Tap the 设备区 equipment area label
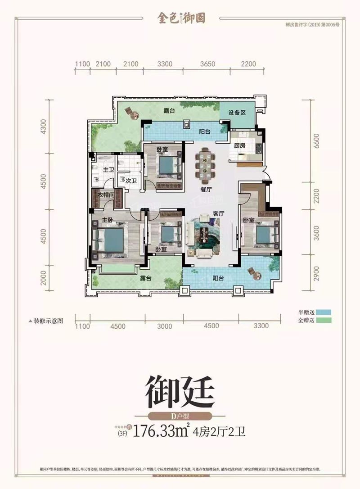pos(237,113)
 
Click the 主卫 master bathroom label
pos(108,170)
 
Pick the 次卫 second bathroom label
pos(130,181)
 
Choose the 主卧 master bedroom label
pos(107,220)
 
